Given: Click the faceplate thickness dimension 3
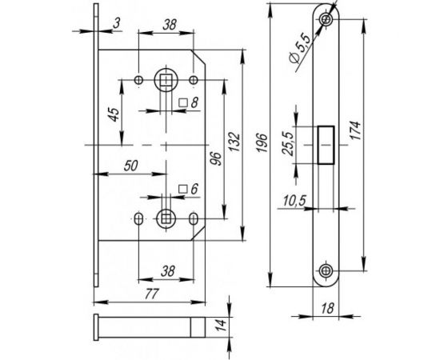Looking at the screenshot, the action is (x=117, y=23).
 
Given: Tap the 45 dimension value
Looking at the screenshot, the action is (x=114, y=114).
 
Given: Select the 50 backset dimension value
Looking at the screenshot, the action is (x=130, y=166).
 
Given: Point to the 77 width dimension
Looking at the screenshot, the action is (x=152, y=294).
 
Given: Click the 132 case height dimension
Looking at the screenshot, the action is (x=234, y=142).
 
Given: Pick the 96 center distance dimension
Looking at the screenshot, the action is (x=217, y=159).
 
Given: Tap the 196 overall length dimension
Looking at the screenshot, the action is (x=262, y=143).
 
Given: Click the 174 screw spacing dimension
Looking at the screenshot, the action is (x=354, y=130).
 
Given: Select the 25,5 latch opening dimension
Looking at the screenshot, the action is (x=288, y=144).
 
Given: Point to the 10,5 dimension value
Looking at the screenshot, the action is (x=294, y=201).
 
